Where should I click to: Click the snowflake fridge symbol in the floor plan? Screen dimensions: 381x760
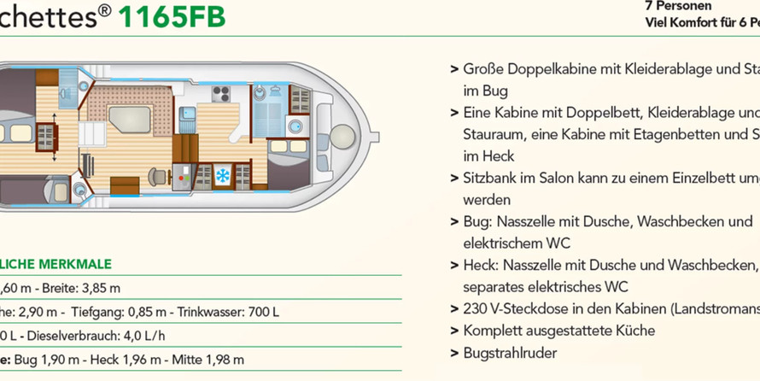point(222,176)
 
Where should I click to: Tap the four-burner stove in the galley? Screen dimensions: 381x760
point(220,95)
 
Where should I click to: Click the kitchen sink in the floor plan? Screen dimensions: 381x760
point(187,113)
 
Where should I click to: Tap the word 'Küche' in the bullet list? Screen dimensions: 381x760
point(636,331)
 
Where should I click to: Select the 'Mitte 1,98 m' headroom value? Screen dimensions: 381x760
point(208,360)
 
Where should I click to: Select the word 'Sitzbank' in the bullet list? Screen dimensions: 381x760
point(490,178)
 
